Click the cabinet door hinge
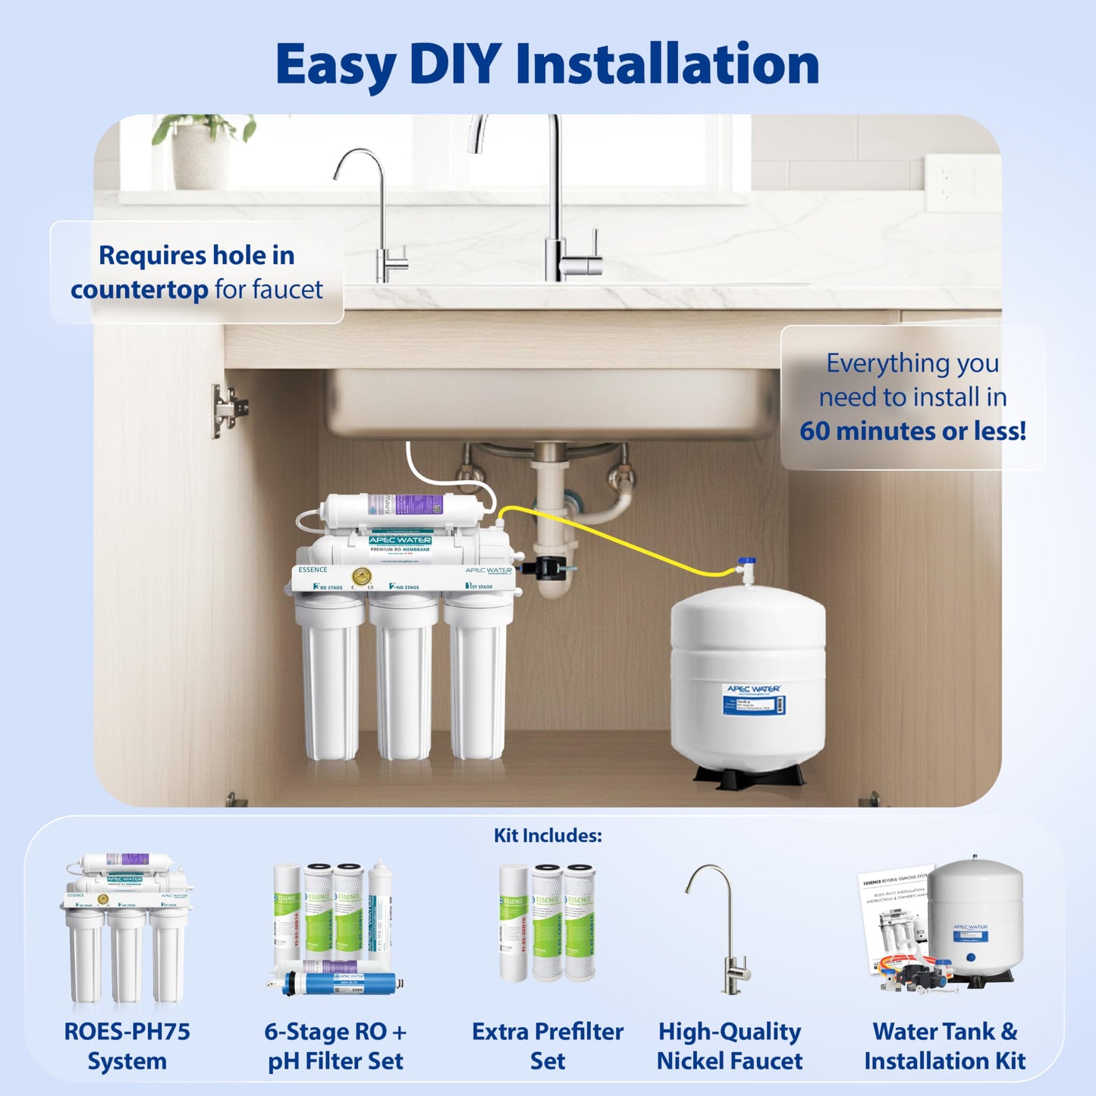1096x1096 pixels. click(228, 410)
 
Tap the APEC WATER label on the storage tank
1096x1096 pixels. click(752, 689)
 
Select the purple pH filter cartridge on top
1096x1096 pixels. click(402, 504)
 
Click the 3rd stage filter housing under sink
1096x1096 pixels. click(329, 675)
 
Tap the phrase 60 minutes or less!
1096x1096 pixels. click(912, 431)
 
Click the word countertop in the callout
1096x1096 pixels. click(139, 290)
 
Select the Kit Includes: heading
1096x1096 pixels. click(548, 835)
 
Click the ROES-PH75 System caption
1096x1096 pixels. click(127, 1046)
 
